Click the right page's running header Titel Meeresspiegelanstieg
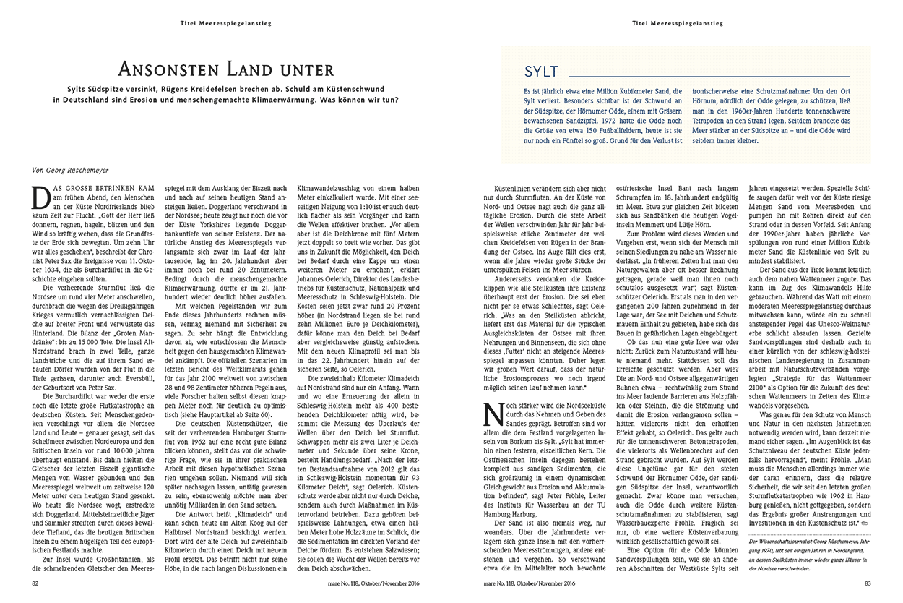click(677, 23)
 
